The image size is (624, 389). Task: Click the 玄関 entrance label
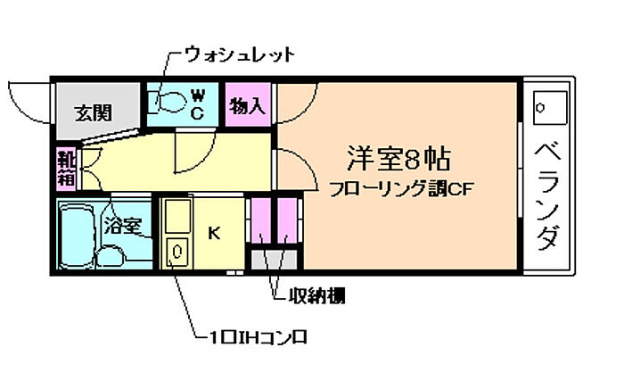click(94, 113)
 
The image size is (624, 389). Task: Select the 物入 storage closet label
click(248, 106)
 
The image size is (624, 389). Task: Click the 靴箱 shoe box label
click(67, 169)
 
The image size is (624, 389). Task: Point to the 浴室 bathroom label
click(123, 226)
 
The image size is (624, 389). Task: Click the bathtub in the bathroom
click(78, 236)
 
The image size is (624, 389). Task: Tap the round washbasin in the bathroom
click(111, 257)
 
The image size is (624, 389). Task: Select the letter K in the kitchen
click(214, 233)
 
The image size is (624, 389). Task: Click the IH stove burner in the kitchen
click(177, 252)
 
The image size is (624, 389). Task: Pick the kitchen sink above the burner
click(177, 216)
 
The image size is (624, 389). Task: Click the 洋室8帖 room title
click(398, 159)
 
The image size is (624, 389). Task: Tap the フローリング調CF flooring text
click(401, 189)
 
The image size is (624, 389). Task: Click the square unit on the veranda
click(550, 108)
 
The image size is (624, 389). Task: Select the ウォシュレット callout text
click(240, 54)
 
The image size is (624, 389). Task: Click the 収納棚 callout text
click(316, 295)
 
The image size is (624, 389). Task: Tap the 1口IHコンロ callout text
click(258, 338)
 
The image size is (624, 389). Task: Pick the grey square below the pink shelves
click(274, 260)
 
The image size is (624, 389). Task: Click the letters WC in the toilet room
click(197, 104)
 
